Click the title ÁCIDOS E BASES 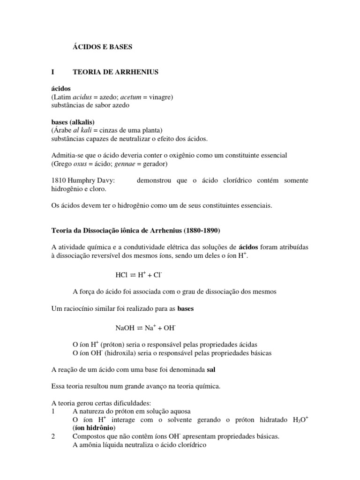(103, 47)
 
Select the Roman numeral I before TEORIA (53, 72)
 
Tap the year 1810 (59, 180)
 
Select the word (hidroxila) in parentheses (116, 352)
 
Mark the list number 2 (53, 436)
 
